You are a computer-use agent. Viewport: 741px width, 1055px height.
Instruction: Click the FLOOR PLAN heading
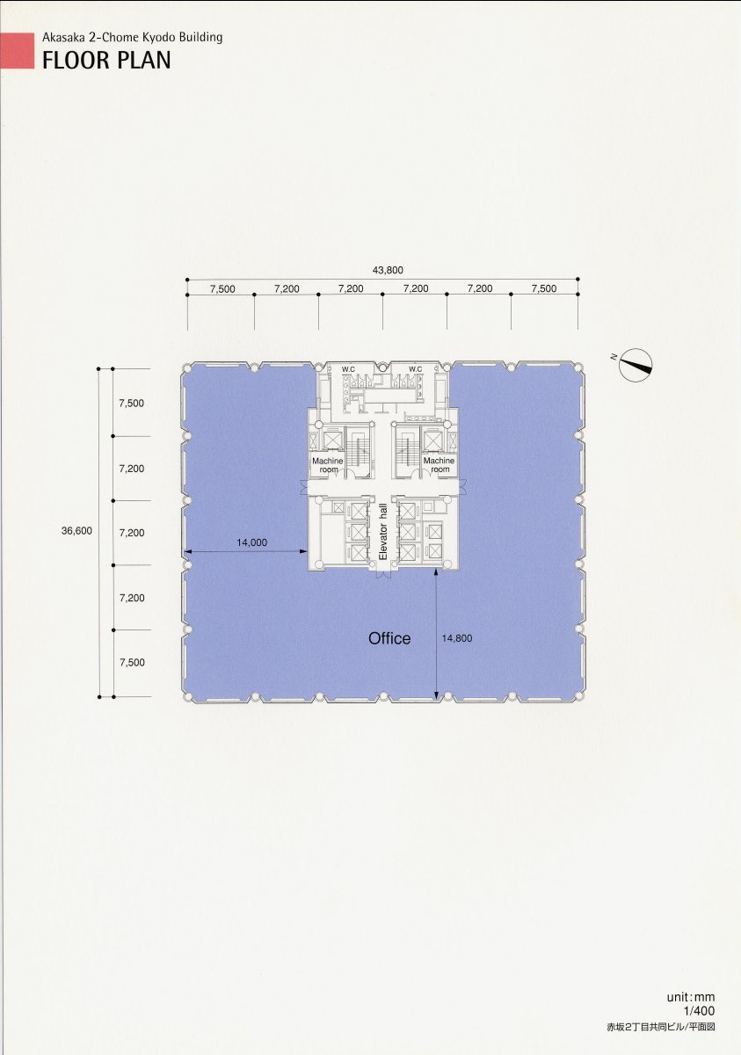coord(106,61)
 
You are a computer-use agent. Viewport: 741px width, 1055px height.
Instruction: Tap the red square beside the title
coord(17,51)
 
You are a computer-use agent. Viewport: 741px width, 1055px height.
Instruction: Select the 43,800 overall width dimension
coord(388,271)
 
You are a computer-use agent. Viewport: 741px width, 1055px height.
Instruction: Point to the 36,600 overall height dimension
coord(76,531)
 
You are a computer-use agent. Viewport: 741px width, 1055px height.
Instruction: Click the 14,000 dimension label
coord(252,542)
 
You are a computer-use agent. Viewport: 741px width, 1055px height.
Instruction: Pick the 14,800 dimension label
coord(457,638)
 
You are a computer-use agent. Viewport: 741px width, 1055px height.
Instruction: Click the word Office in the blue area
coord(389,638)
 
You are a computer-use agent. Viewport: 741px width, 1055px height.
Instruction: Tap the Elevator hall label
coord(382,532)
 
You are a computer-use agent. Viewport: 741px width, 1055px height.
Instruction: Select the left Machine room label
coord(328,465)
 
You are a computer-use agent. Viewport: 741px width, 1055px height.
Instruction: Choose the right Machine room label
coord(439,464)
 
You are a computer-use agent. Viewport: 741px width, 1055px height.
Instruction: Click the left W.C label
coord(348,369)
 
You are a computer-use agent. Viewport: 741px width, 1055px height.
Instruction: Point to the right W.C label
coord(415,369)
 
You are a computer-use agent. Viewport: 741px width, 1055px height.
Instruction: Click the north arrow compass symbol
coord(635,365)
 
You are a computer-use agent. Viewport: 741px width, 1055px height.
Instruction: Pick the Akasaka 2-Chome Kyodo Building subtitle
coord(132,38)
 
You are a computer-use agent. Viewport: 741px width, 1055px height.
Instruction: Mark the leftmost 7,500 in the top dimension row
coord(222,288)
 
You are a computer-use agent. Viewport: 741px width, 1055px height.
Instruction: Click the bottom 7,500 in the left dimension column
coord(132,663)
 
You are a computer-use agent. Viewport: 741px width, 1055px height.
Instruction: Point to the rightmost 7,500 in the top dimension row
coord(544,288)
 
